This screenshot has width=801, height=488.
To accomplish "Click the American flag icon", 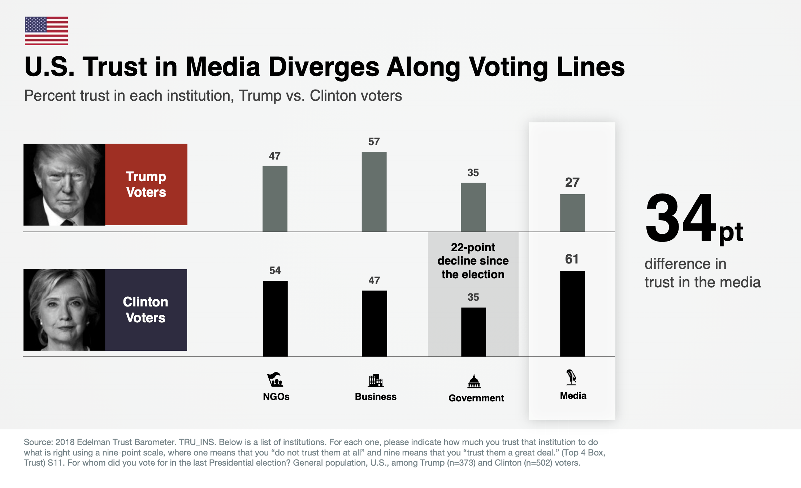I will tap(46, 31).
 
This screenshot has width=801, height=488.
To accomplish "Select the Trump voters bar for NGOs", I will tap(275, 199).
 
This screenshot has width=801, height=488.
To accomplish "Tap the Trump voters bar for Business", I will tap(374, 192).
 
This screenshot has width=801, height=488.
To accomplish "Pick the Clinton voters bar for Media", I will tap(572, 314).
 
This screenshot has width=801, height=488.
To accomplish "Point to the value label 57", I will tap(374, 141).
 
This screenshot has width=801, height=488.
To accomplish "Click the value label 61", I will tap(572, 259).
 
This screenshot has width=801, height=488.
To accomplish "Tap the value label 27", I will tap(572, 182).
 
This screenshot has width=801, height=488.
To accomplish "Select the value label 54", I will tap(275, 270).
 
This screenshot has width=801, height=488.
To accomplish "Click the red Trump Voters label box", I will tap(146, 184).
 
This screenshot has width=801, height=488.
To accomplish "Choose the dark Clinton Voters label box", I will tap(146, 310).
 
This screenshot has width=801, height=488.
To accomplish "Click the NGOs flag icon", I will tap(275, 380).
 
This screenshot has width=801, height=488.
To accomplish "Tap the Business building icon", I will tap(376, 380).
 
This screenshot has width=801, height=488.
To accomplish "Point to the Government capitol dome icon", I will tap(474, 381).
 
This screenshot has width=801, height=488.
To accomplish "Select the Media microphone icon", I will tap(571, 377).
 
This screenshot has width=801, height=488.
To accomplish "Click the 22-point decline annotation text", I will tap(473, 261).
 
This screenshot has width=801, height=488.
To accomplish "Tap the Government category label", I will tap(476, 398).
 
